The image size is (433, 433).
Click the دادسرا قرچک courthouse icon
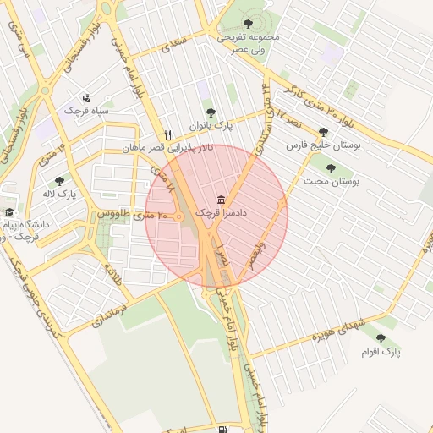[x=222, y=200]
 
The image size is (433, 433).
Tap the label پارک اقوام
[x=384, y=350]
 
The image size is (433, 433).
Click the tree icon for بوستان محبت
[x=331, y=168]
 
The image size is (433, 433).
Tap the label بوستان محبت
[x=332, y=181]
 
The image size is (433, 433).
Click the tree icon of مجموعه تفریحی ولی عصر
[x=247, y=25]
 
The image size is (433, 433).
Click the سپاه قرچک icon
[x=86, y=98]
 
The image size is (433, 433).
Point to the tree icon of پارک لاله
[x=59, y=181]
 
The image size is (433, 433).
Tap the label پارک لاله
[x=60, y=194]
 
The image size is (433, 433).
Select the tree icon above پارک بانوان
[x=211, y=112]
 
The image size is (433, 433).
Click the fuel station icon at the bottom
[x=222, y=429]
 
